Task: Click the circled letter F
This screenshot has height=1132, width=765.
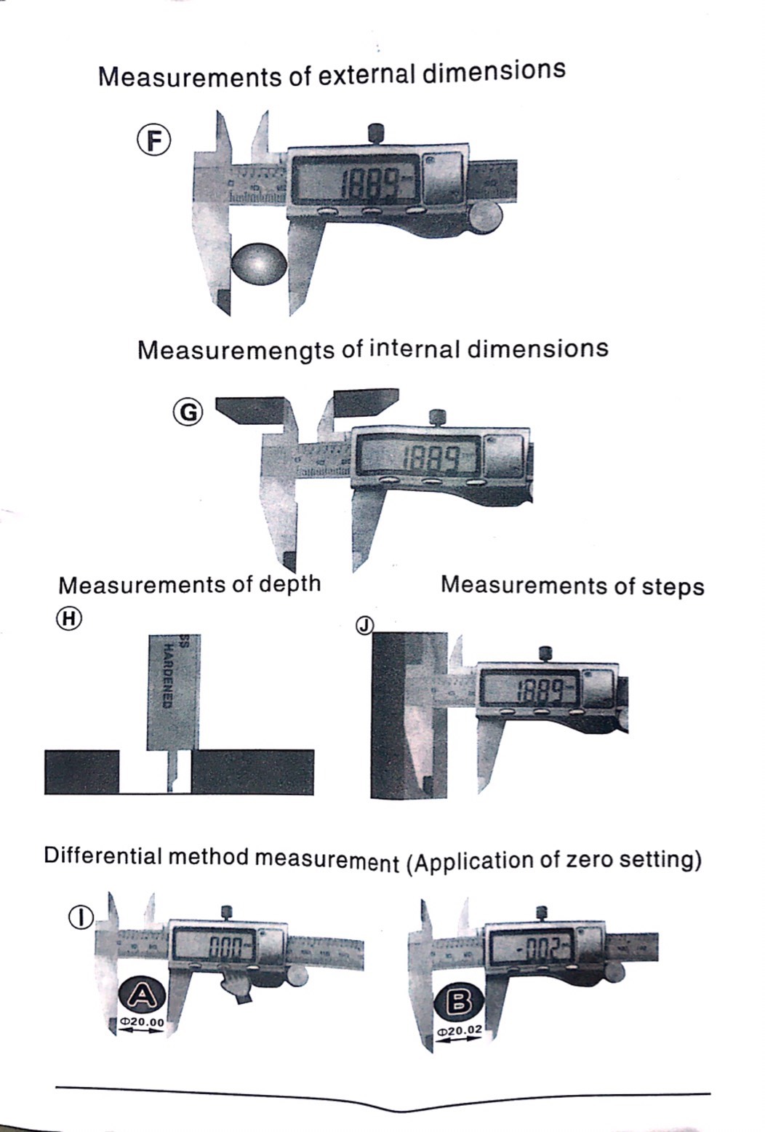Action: coord(154,140)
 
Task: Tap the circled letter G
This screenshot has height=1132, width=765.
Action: coord(188,412)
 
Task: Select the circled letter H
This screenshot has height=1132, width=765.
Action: coord(70,618)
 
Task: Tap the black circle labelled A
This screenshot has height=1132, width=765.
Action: coord(143,995)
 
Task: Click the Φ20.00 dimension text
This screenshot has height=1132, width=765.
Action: coord(143,1022)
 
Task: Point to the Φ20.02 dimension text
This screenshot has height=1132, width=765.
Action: coord(459,1031)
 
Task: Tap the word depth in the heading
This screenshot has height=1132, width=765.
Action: coord(289,583)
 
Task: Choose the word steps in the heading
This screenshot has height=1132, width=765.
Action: coord(673,586)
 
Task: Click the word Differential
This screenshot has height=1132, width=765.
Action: coord(103,856)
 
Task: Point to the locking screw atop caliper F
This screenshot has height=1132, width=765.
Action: coord(376,132)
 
